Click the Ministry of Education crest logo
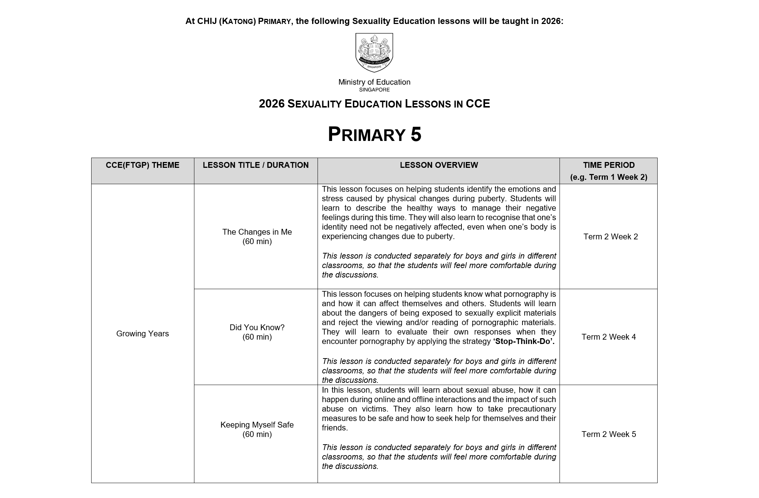[374, 52]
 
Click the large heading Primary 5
[374, 134]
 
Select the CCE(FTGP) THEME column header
[142, 165]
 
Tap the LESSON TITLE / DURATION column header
[255, 165]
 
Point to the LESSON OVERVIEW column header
[439, 165]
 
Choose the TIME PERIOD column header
[609, 165]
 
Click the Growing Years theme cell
[142, 333]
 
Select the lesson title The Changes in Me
[257, 232]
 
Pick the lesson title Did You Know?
[257, 328]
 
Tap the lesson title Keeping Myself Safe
[257, 425]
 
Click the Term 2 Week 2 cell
[610, 237]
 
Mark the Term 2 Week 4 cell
[609, 337]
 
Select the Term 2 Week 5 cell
[609, 434]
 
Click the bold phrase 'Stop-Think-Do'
[524, 341]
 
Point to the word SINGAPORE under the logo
[374, 90]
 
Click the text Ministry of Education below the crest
[374, 82]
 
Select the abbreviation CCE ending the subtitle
[478, 104]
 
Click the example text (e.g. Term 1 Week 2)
[609, 178]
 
